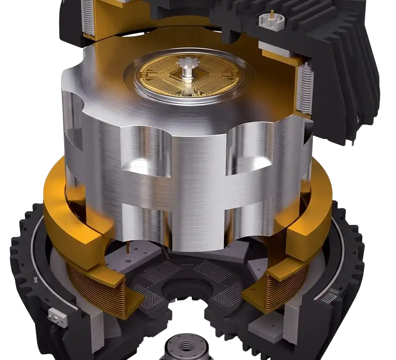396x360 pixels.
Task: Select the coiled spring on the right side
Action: (x=306, y=89)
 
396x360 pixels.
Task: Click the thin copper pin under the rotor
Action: (x=129, y=247)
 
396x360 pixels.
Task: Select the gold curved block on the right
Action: (x=312, y=225)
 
